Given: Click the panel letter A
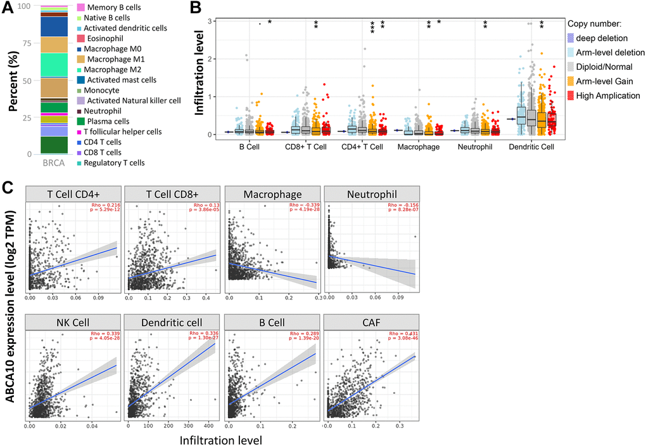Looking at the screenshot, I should (8, 9).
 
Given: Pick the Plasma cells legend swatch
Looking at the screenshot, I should (81, 121).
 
